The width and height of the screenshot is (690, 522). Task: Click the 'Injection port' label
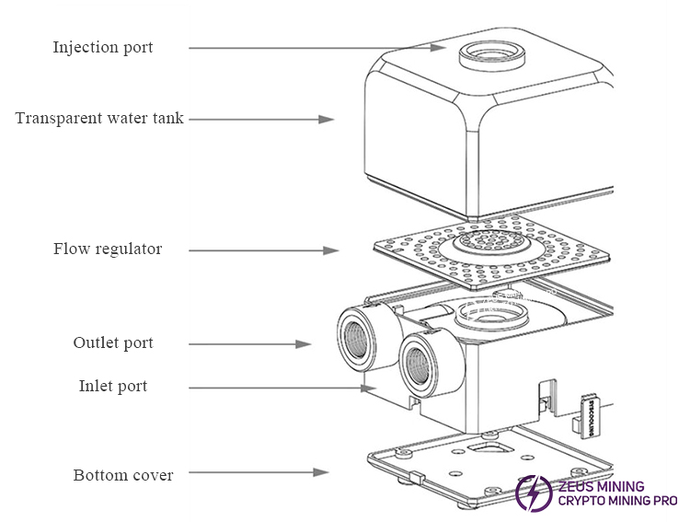102,47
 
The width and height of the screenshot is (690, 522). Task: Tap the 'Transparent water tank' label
99,118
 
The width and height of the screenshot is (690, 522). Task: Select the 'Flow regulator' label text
107,249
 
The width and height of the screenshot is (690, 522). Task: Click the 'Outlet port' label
113,342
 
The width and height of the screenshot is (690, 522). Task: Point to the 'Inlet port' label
112,386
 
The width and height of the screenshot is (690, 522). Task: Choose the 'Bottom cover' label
123,475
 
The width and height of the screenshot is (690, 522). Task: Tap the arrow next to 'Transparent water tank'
260,120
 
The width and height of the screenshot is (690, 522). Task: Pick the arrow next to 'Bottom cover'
262,472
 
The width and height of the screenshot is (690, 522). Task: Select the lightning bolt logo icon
534,493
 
